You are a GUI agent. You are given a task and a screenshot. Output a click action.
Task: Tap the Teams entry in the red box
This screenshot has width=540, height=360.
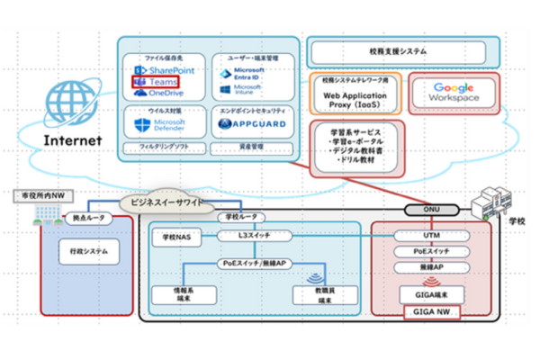157,81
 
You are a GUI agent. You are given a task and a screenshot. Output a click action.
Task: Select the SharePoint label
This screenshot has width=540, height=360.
163,69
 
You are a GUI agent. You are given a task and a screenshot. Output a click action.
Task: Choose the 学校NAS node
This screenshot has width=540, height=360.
175,237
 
